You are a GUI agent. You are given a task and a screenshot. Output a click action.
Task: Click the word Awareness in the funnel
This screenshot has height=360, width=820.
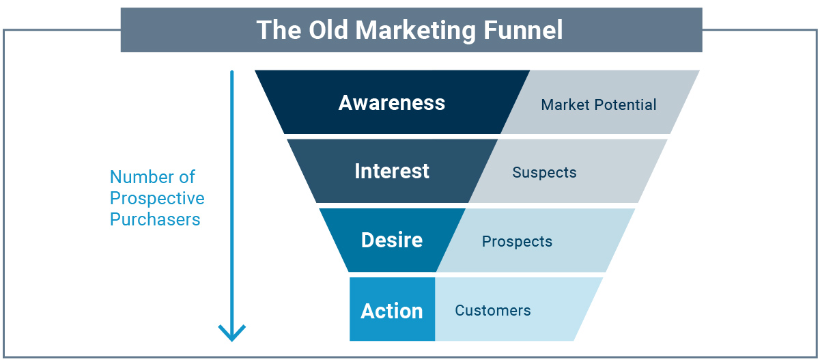point(391,103)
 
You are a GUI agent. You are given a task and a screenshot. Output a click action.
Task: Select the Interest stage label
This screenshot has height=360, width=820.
point(392,171)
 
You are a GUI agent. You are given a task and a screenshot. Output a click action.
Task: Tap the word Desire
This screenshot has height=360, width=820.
point(392,240)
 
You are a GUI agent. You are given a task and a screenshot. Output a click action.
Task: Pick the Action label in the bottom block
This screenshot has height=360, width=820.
point(392,311)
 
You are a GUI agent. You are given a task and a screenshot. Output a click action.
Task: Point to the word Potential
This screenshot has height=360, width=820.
point(625,105)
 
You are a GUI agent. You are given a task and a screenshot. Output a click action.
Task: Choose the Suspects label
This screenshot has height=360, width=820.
point(544,173)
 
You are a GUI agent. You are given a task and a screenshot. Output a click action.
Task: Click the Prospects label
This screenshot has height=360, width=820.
point(517,242)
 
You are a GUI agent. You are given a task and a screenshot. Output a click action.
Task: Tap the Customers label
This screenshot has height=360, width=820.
point(493,311)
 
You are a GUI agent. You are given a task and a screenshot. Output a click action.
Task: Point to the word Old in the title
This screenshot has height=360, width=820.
point(328,29)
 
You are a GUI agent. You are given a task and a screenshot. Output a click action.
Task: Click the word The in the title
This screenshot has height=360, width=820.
point(279,30)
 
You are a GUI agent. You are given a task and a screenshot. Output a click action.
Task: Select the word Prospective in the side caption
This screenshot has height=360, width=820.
point(157,199)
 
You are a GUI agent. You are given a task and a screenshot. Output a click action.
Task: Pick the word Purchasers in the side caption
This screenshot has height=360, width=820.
point(155,220)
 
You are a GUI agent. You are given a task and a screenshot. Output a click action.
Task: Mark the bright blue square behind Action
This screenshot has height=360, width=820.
point(392,309)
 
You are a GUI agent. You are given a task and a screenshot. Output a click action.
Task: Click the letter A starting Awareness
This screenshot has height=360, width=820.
point(346,103)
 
